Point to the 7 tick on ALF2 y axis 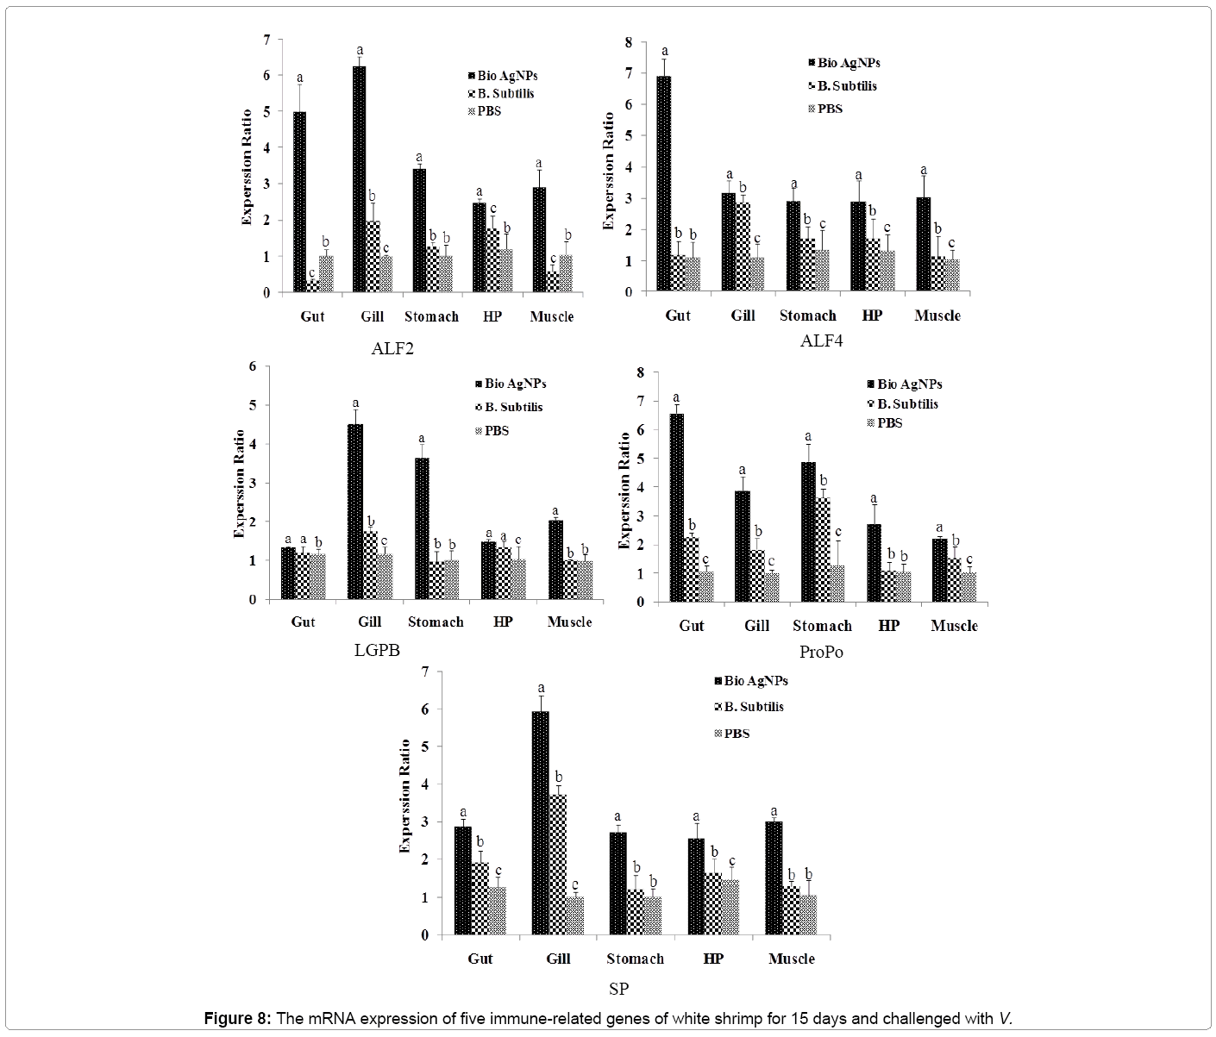coord(266,40)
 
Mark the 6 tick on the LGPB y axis coord(253,366)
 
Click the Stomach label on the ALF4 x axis coord(807,315)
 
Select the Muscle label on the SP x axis coord(791,959)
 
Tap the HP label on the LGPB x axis coord(504,622)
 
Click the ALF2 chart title coord(392,349)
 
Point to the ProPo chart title coord(820,653)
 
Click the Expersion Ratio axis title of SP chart coord(404,796)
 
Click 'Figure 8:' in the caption coord(237,1019)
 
